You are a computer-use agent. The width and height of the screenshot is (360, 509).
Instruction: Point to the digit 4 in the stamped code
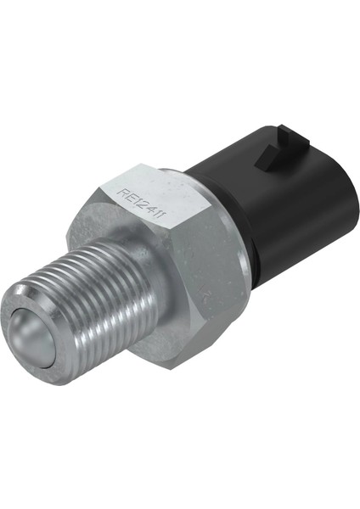click(151, 211)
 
